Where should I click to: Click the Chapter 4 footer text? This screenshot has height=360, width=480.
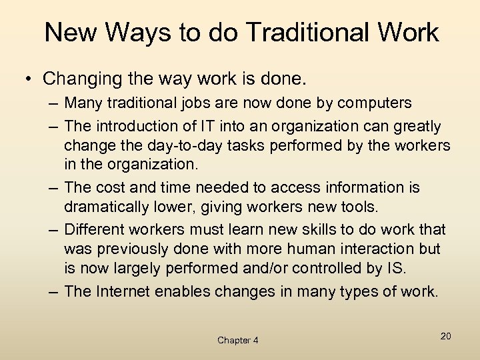coord(238,340)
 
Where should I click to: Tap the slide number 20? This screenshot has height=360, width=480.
coord(445,336)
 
